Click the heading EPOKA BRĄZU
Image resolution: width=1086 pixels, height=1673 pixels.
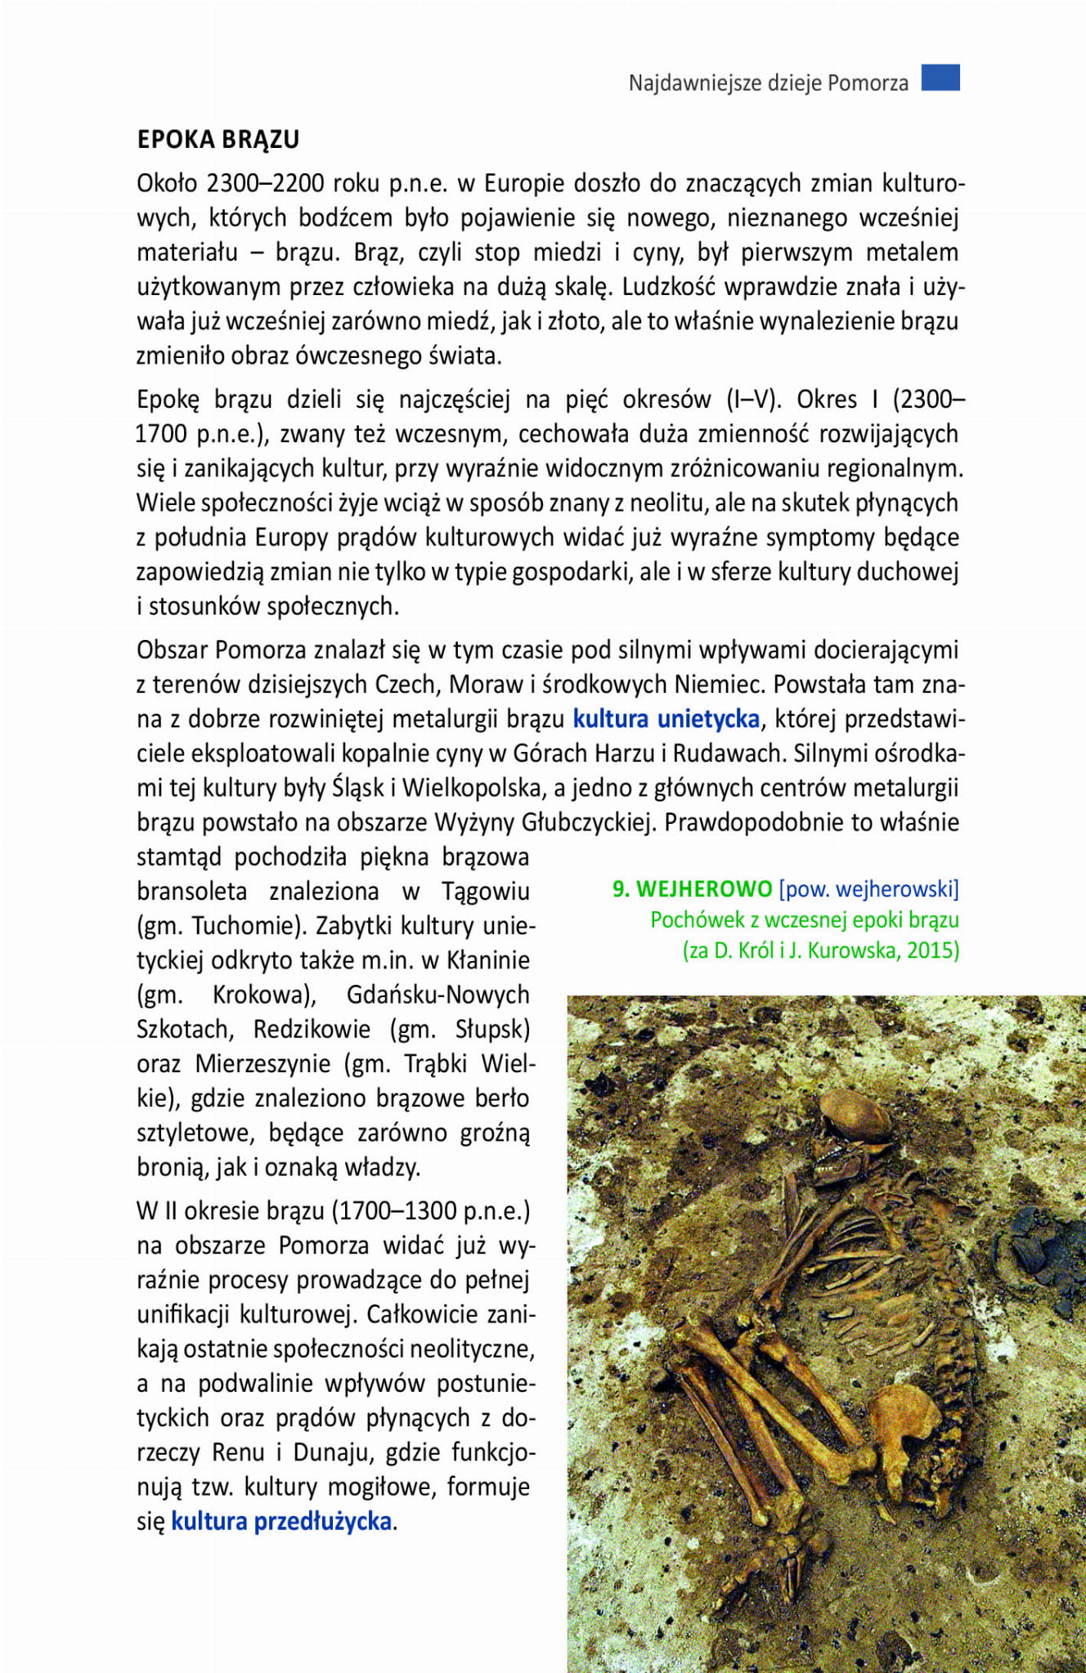click(x=218, y=140)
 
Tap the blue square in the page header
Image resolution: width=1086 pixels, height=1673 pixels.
click(x=940, y=78)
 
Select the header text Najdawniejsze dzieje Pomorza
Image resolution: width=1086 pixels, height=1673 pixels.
click(x=768, y=83)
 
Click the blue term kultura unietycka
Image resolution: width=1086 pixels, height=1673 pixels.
click(x=666, y=719)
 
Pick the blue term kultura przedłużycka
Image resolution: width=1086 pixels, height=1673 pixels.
click(x=281, y=1521)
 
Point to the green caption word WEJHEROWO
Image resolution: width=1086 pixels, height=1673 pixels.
click(x=704, y=889)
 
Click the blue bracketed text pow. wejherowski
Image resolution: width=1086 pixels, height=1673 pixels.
click(x=868, y=889)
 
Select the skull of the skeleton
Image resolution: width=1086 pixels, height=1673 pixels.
click(x=855, y=1116)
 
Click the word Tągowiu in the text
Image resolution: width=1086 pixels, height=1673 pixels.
click(x=486, y=892)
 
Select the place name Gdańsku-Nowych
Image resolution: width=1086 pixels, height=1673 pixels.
click(x=438, y=995)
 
